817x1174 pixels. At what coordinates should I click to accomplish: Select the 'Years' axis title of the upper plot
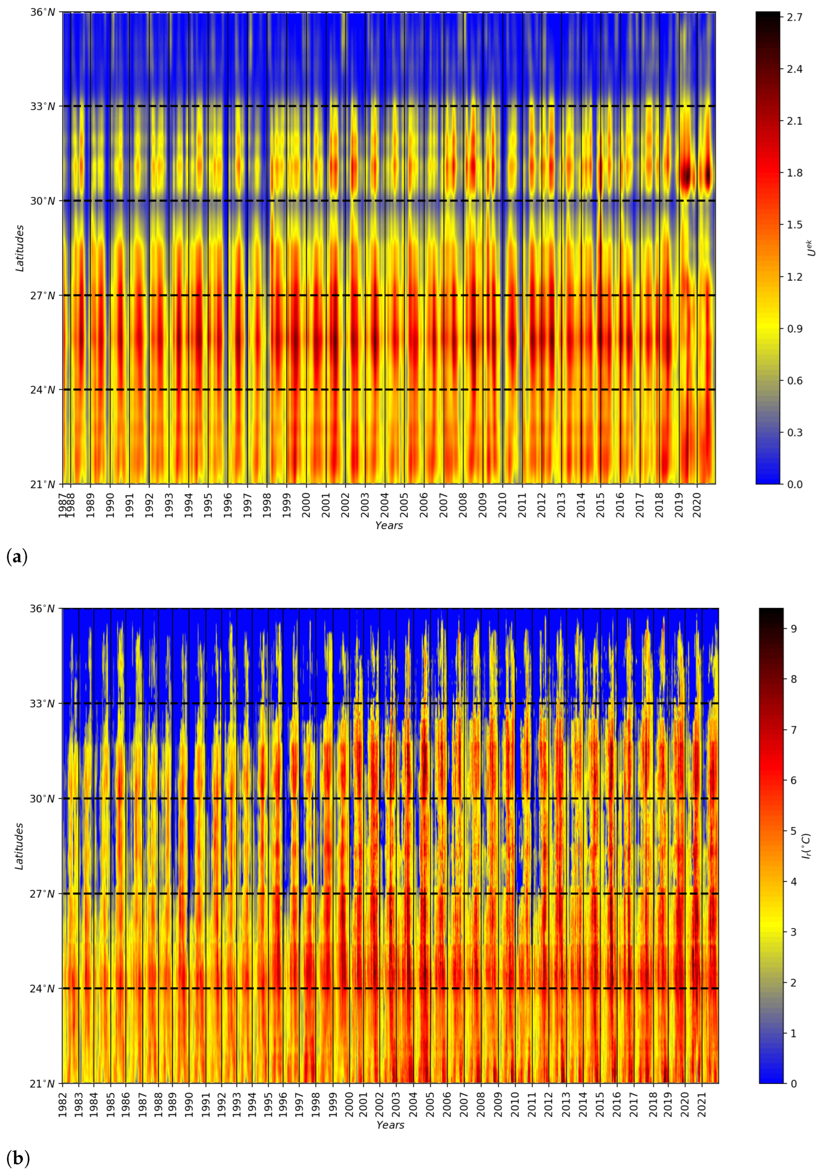(x=388, y=526)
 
